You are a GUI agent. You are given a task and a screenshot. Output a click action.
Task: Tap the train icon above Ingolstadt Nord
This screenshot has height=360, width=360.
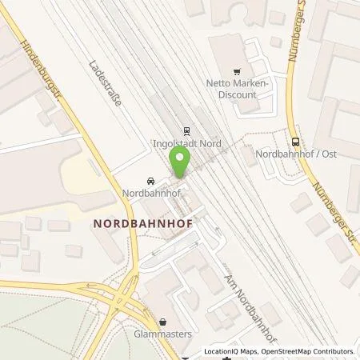tap(186, 131)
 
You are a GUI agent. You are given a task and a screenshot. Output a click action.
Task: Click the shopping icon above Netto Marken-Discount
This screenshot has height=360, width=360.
tap(236, 70)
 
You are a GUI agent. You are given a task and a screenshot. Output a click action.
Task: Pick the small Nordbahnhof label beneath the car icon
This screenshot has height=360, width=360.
tap(150, 193)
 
